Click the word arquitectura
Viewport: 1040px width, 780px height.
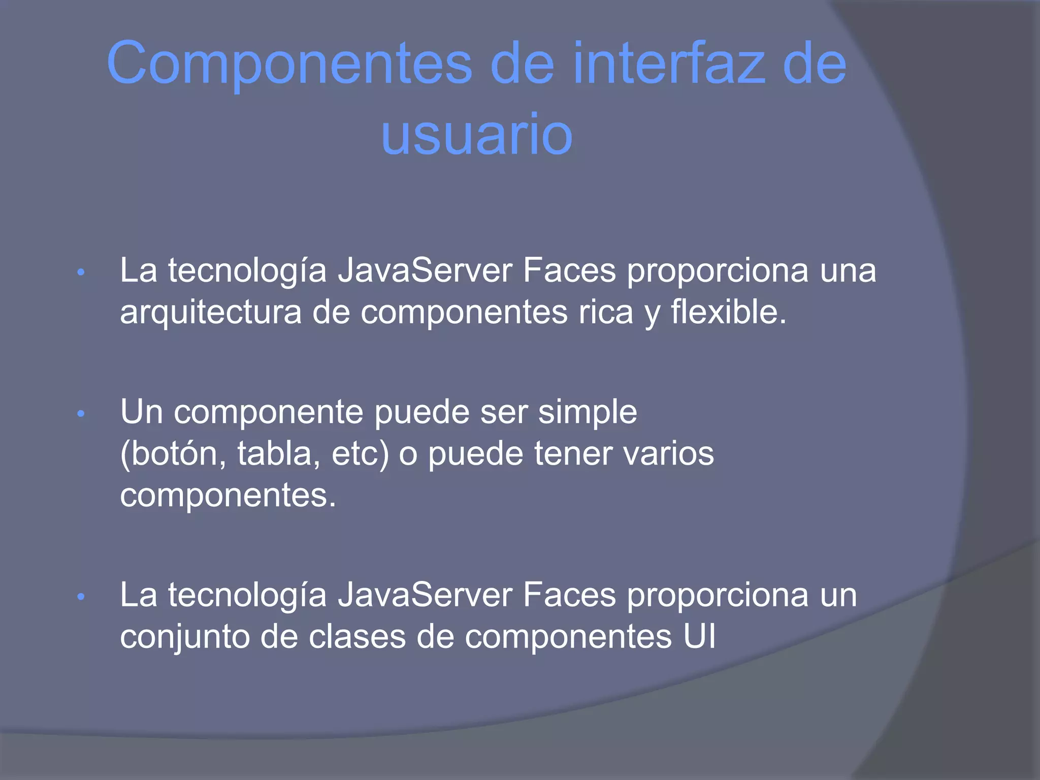click(x=211, y=312)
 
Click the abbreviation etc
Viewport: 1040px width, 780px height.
click(x=360, y=453)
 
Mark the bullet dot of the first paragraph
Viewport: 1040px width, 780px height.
click(x=81, y=273)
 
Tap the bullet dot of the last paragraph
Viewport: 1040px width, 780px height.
click(x=81, y=597)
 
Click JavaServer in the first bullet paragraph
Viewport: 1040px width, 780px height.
click(x=425, y=271)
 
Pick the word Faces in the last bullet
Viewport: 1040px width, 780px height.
click(x=569, y=595)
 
